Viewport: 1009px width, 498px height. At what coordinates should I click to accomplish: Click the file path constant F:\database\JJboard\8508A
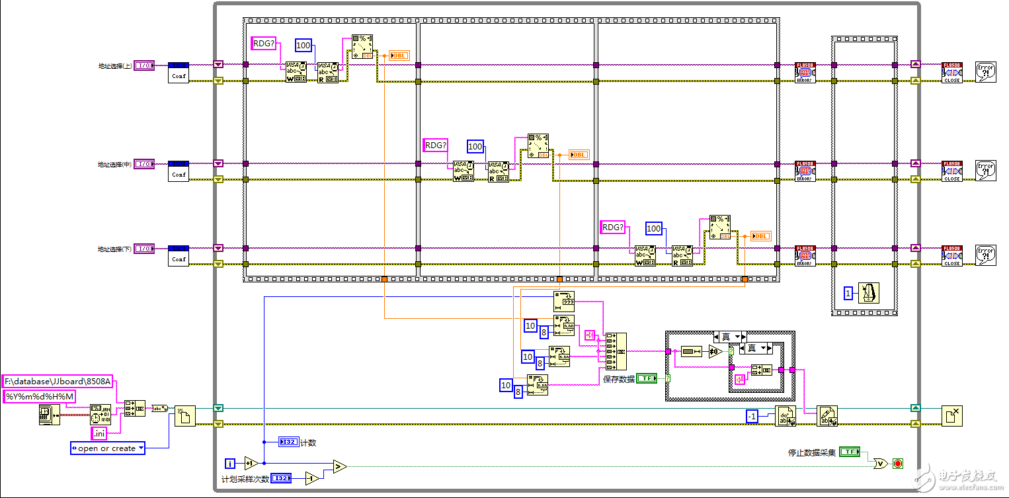point(58,382)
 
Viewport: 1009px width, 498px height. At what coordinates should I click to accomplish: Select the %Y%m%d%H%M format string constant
point(40,396)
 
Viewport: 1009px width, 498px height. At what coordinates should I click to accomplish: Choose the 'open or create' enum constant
point(107,448)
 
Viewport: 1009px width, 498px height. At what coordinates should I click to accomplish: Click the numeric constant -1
point(752,416)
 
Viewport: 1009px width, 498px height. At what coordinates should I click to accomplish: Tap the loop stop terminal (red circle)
point(897,463)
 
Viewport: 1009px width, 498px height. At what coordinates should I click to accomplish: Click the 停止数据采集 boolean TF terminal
point(850,452)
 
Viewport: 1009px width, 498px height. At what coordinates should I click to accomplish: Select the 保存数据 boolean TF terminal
point(647,379)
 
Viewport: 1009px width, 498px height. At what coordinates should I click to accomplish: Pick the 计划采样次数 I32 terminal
point(281,478)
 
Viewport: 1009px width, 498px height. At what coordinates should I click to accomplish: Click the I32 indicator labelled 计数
point(289,442)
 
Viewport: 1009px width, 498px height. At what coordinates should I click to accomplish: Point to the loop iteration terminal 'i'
point(229,463)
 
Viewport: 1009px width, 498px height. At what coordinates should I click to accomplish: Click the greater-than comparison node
point(339,467)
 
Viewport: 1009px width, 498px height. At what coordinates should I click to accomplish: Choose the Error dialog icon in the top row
point(985,71)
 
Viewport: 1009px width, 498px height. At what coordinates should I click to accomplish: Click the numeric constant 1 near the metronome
point(848,293)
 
